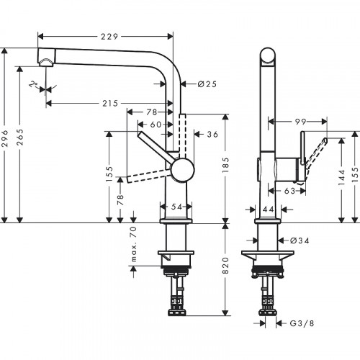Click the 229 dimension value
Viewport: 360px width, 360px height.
[x=110, y=37]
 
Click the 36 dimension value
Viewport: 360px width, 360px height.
[x=212, y=133]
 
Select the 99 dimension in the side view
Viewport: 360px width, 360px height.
[x=302, y=123]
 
